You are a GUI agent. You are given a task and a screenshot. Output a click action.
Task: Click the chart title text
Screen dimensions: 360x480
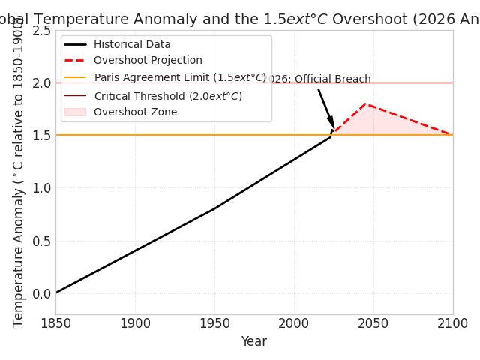[240, 19]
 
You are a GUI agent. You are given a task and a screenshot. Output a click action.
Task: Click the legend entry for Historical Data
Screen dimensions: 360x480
[132, 45]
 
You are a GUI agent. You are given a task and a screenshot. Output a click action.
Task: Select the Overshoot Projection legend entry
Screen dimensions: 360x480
[148, 61]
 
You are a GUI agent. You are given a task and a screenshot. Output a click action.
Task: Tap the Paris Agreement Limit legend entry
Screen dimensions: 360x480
[180, 77]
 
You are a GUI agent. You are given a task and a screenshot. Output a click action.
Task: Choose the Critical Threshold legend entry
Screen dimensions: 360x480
[168, 96]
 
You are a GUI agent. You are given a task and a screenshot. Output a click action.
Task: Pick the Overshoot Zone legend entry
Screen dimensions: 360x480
[135, 112]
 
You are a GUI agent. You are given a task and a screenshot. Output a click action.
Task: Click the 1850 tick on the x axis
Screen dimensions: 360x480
[55, 324]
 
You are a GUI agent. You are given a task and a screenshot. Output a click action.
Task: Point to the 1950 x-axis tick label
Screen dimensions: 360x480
[214, 324]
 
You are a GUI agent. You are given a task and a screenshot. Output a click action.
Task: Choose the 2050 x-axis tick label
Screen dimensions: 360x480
[373, 324]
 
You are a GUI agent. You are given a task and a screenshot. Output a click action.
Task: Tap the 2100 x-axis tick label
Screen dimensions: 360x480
[452, 324]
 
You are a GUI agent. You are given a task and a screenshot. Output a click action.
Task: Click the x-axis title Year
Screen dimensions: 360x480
[253, 342]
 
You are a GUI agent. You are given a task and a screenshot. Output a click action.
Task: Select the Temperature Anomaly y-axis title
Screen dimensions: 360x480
[19, 172]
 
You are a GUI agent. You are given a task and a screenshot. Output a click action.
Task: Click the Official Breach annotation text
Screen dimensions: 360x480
[319, 79]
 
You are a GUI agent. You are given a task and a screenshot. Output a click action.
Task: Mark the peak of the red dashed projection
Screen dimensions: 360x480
[365, 103]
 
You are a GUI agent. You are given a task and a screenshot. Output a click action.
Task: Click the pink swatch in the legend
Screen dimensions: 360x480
[75, 112]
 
